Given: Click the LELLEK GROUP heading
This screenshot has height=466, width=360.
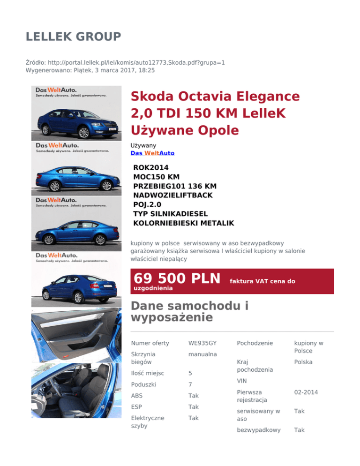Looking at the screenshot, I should (74, 36).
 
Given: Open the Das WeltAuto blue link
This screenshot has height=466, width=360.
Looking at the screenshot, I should (152, 153).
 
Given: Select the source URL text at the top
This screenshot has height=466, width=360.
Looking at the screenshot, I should (126, 62).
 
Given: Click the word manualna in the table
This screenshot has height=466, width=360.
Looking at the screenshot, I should (202, 354).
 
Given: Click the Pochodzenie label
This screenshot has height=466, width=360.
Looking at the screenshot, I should (255, 343).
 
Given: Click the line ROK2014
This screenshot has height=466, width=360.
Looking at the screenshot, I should (151, 167).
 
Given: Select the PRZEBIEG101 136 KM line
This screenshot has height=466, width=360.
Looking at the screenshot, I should (175, 186).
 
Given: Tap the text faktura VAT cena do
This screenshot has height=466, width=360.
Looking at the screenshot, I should (262, 281).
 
